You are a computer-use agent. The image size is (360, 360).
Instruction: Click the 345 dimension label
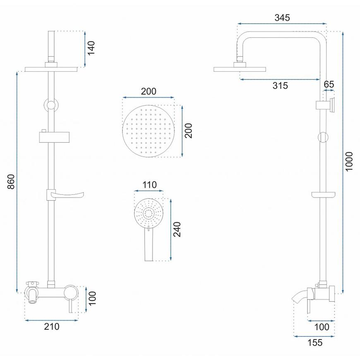pos(282,18)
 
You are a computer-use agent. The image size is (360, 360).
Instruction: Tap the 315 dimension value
pos(280,86)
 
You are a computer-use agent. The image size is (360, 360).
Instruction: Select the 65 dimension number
pos(329,84)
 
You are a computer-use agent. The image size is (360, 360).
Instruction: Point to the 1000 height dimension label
pos(349,161)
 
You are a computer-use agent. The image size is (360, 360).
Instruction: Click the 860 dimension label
pos(11,182)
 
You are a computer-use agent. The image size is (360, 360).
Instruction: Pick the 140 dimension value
pos(91,48)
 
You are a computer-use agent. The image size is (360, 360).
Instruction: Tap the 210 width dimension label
pos(52,326)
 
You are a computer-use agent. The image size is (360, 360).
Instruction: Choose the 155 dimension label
pos(315,343)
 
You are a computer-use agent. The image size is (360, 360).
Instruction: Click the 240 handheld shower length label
pos(177,229)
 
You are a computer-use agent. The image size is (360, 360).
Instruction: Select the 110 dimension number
pos(149,185)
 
